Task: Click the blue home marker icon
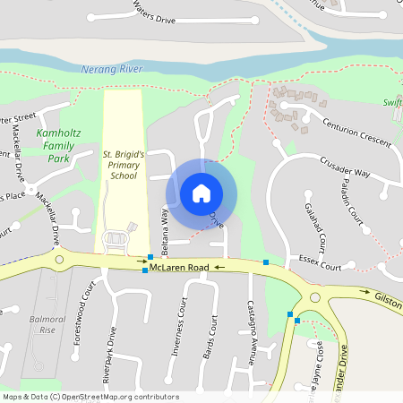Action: (x=201, y=193)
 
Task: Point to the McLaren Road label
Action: (x=179, y=268)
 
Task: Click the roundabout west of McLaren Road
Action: (x=60, y=260)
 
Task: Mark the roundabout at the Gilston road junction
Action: (x=313, y=298)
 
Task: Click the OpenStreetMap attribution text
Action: (x=90, y=396)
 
